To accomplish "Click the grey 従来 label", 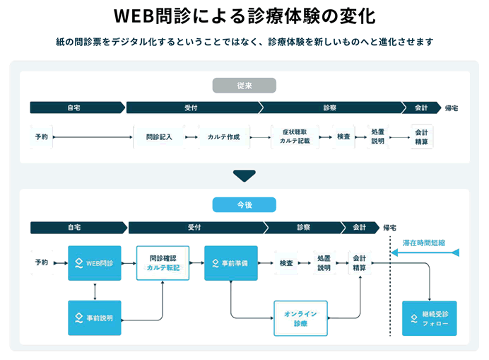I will coord(244,86).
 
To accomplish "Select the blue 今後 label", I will coord(244,204).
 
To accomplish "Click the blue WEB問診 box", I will coord(95,263).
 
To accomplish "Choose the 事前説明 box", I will coord(95,318).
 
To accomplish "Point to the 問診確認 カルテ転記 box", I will coord(163,263).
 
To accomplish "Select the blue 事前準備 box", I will coord(230,263).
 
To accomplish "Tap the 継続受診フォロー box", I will coord(429,318).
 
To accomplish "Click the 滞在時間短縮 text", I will coord(424,243).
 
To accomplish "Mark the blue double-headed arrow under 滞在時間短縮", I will coord(424,252).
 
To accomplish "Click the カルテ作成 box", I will coord(224,137).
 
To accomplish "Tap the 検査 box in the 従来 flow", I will coord(343,137).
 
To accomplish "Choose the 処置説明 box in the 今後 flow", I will coord(324,263).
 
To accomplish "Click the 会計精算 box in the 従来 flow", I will coord(421,137).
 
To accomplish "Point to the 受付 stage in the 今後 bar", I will coord(195,227).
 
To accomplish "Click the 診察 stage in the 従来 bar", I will coord(330,108).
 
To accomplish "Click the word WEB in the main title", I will coord(137,16).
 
